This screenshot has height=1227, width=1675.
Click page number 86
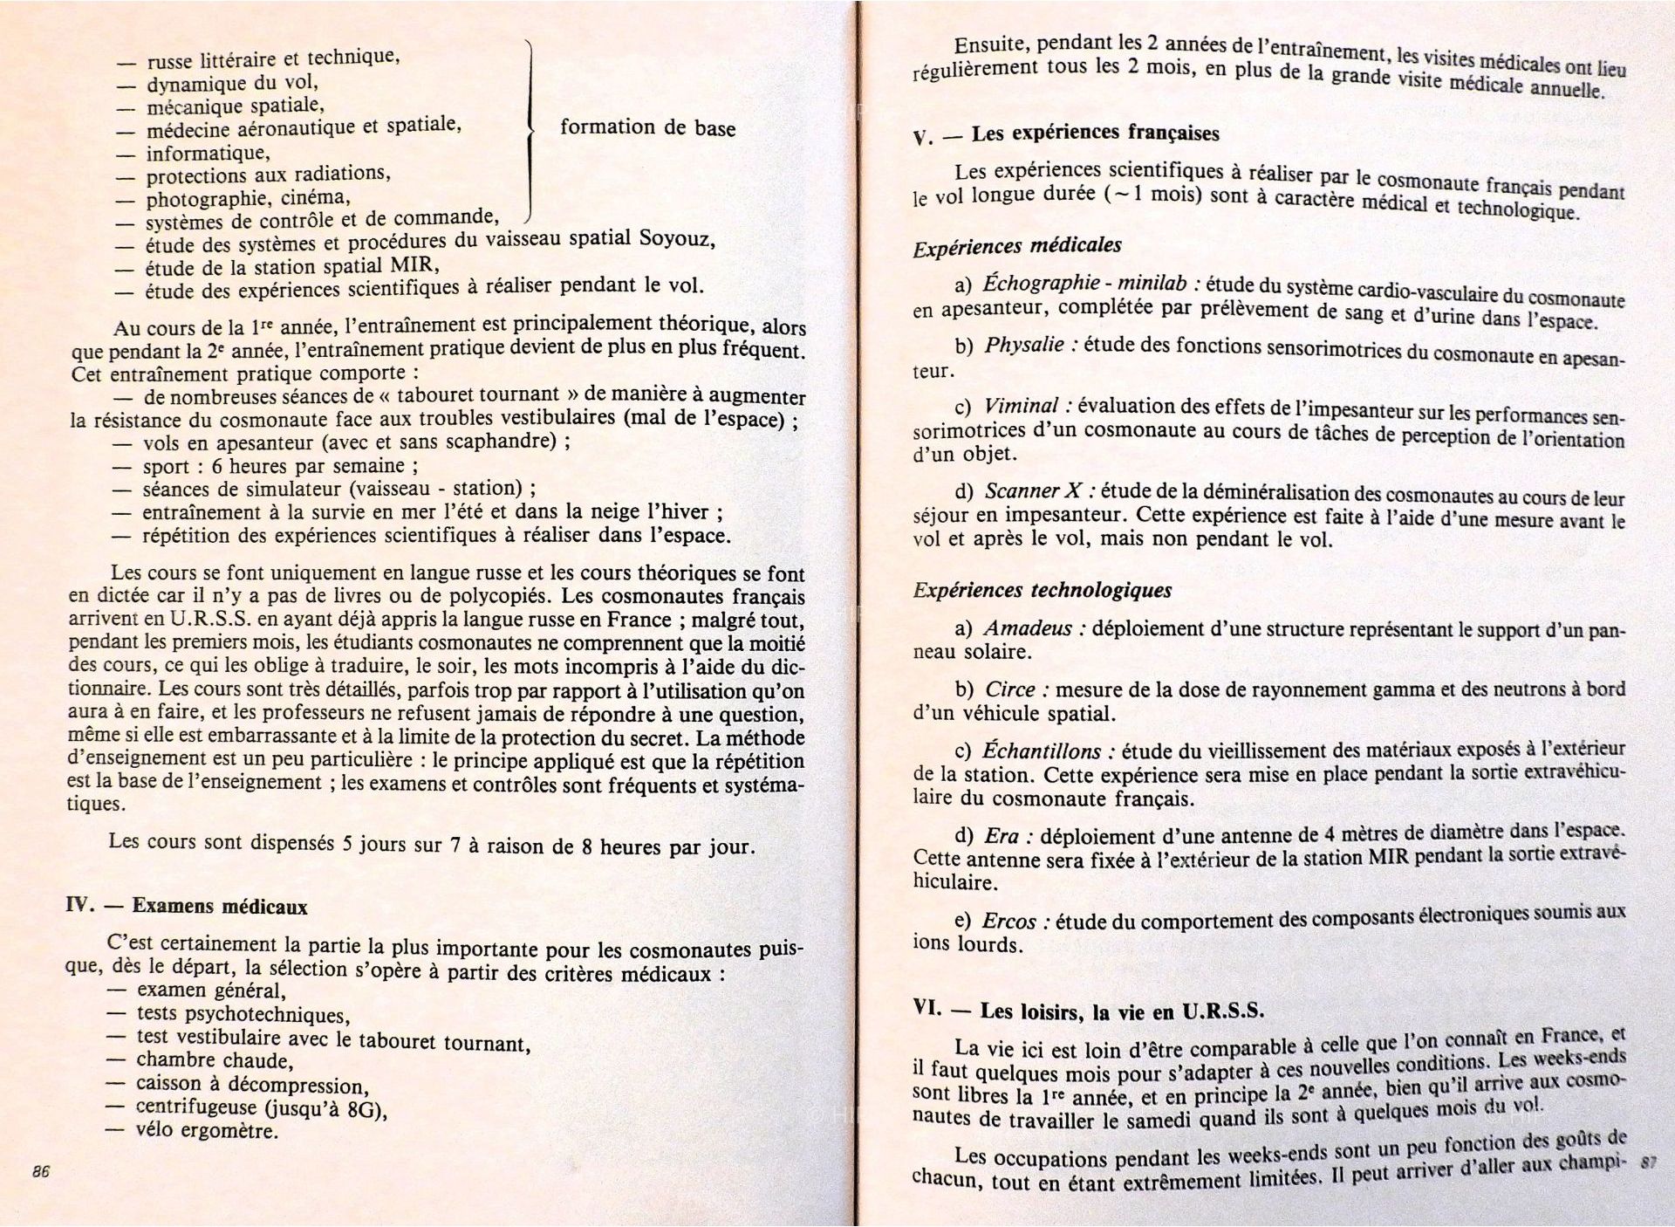pyautogui.click(x=40, y=1172)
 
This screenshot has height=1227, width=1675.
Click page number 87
pyautogui.click(x=1647, y=1162)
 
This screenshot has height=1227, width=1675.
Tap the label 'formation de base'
pyautogui.click(x=647, y=127)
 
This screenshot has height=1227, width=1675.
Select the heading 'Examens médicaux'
pyautogui.click(x=220, y=906)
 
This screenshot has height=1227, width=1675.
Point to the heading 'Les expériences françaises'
pyautogui.click(x=1095, y=134)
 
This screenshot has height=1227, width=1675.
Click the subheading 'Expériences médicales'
pyautogui.click(x=1016, y=246)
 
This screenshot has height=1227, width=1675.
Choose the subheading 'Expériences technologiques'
pyautogui.click(x=1042, y=591)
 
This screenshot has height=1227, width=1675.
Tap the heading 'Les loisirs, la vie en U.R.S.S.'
pyautogui.click(x=1122, y=1011)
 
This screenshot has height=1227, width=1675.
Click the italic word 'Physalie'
pyautogui.click(x=1024, y=345)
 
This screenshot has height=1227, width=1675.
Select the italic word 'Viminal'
pyautogui.click(x=1021, y=406)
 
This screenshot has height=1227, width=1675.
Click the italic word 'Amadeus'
pyautogui.click(x=1027, y=628)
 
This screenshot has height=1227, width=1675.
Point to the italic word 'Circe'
pyautogui.click(x=1009, y=689)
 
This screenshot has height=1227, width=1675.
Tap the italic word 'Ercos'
pyautogui.click(x=1008, y=921)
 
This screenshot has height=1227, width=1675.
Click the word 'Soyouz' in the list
pyautogui.click(x=671, y=237)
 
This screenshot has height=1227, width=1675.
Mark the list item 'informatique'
pyautogui.click(x=208, y=154)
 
